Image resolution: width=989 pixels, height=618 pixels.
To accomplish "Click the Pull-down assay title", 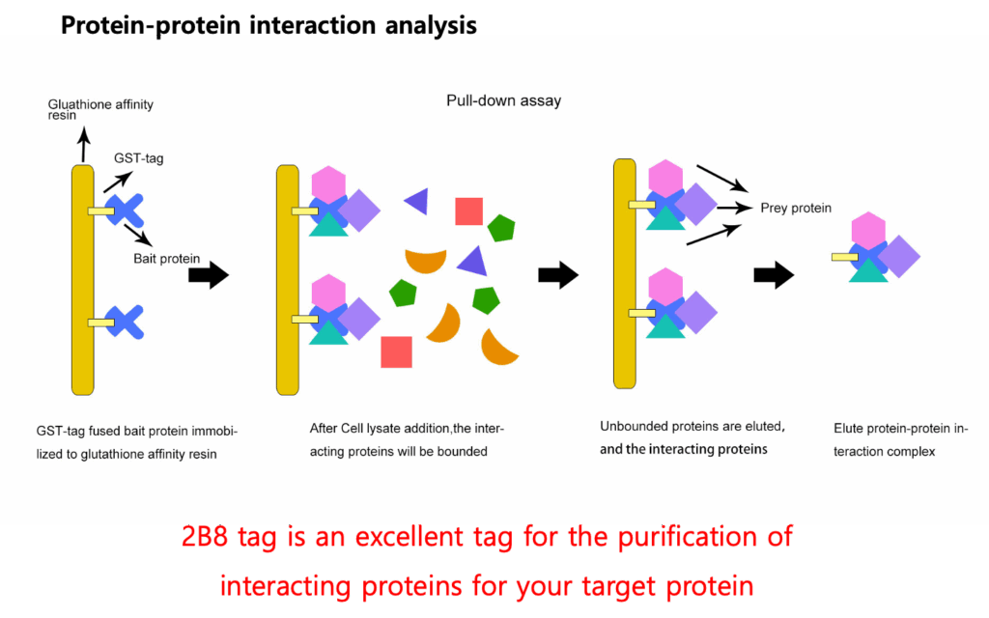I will pos(503,100).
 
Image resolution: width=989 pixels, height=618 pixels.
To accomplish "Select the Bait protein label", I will pos(167,258).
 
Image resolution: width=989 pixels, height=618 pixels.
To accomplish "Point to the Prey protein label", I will pos(796,208).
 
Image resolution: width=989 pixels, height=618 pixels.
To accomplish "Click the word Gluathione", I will pos(81,104).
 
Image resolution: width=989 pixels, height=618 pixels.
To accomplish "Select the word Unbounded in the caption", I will pos(638,426).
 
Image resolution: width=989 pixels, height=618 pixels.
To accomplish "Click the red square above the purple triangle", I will pos(468,211).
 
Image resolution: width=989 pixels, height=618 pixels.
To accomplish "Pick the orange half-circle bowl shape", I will pos(425,259).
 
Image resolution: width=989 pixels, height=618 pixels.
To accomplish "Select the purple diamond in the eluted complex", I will pos(898,257).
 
